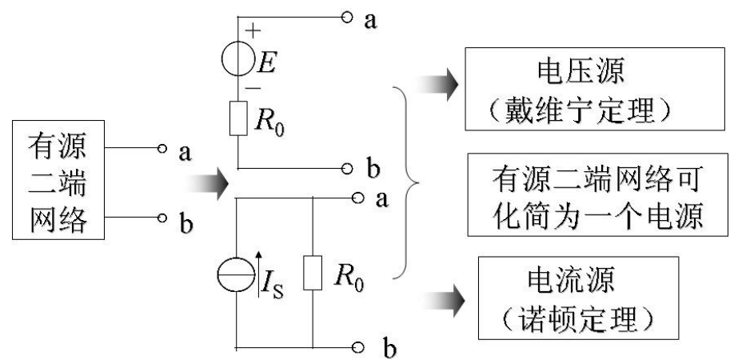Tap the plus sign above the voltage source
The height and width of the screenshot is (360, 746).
pyautogui.click(x=253, y=31)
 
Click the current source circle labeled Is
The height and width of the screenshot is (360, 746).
pyautogui.click(x=237, y=276)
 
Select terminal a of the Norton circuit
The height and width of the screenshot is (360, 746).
pyautogui.click(x=356, y=195)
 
